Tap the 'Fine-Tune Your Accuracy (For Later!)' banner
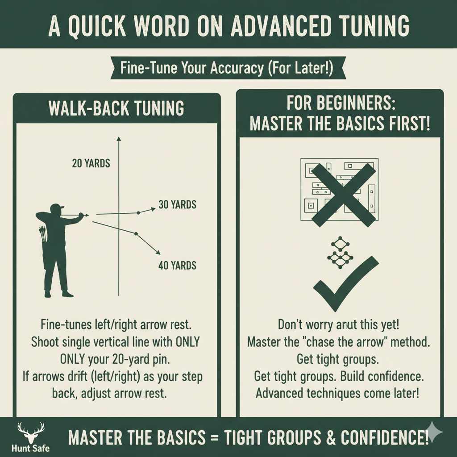[x=227, y=69]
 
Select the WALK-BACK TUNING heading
[x=116, y=108]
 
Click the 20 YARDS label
[x=91, y=164]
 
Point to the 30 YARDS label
[x=177, y=205]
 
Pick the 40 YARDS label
[x=177, y=266]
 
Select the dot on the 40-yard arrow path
[x=136, y=234]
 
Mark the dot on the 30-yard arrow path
[x=138, y=212]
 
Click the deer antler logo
[x=31, y=432]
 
